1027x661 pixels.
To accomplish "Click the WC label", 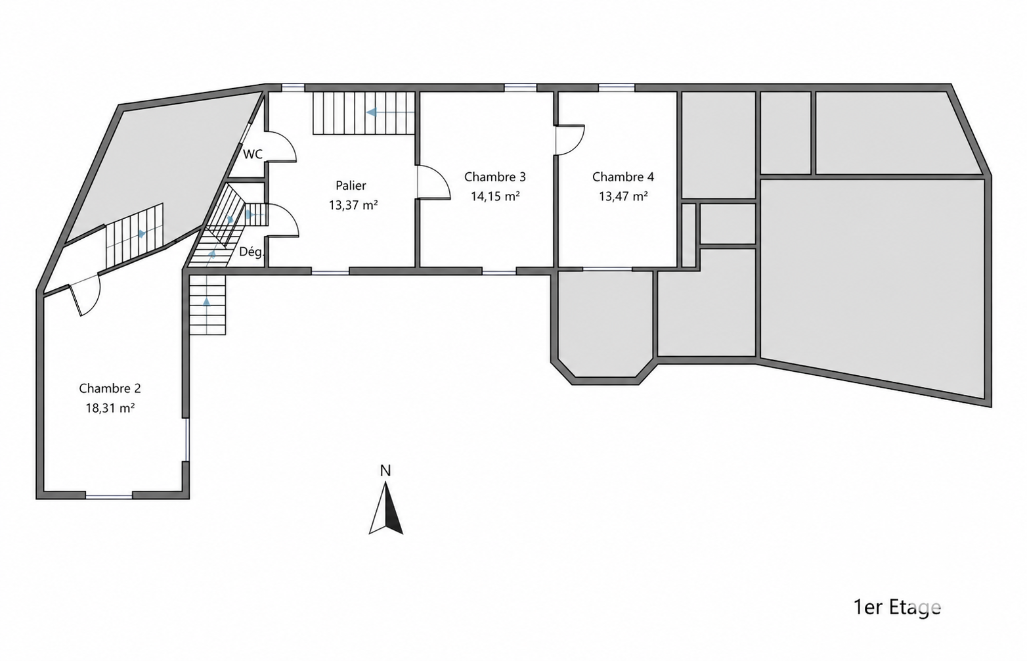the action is (x=253, y=154).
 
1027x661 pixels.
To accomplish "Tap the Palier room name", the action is (x=351, y=185).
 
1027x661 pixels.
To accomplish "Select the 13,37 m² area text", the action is (x=353, y=205).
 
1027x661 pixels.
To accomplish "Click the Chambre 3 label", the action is (x=494, y=177).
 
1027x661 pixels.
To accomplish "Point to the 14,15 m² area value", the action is (x=495, y=196).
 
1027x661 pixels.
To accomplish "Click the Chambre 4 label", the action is (x=623, y=177).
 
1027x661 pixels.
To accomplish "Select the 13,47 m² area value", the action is (x=623, y=196).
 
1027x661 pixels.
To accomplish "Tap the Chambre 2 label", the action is (x=110, y=388).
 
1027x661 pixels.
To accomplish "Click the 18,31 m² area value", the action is (x=110, y=408).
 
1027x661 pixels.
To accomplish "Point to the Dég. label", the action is (x=251, y=252).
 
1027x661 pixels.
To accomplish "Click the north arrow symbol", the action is (x=386, y=509).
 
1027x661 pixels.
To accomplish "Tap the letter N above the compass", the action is (x=385, y=470).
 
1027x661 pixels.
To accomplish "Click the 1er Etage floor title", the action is (x=897, y=607).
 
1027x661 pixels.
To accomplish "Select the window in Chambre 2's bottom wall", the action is (x=108, y=496).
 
